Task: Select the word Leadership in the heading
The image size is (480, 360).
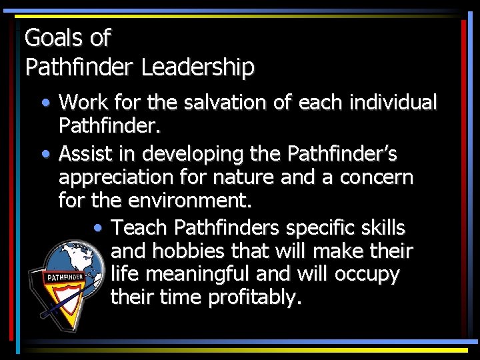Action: [x=198, y=67]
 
